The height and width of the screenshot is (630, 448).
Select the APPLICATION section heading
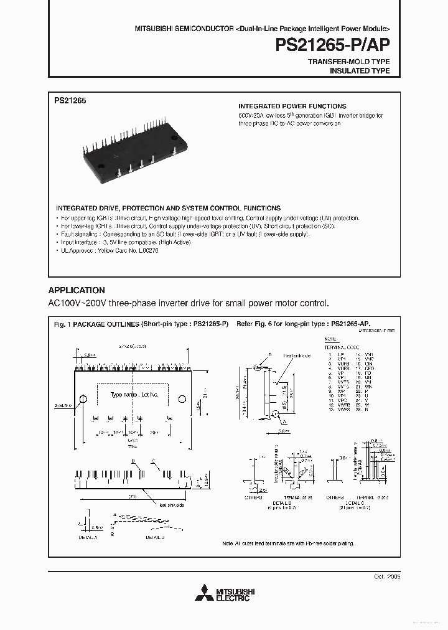(x=77, y=290)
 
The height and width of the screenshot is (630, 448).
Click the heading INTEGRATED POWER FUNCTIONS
(x=292, y=106)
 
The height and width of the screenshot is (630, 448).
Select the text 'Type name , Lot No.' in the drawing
(x=134, y=395)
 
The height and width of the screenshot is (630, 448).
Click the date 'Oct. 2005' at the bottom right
(x=387, y=577)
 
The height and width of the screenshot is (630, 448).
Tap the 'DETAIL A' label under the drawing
(x=88, y=536)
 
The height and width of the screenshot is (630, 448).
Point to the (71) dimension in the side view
(x=133, y=496)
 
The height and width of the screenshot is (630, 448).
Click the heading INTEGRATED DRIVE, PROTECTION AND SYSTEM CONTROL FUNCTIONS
(x=168, y=208)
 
